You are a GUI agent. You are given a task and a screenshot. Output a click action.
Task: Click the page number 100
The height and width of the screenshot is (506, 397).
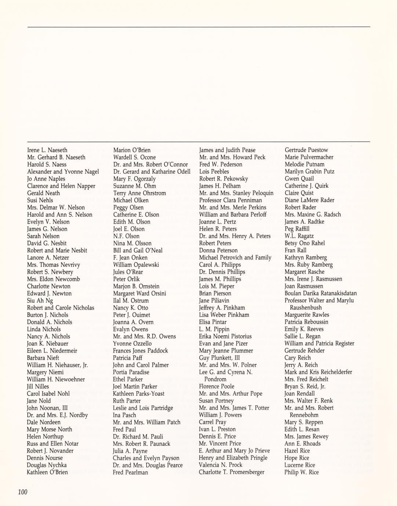pyautogui.click(x=23, y=492)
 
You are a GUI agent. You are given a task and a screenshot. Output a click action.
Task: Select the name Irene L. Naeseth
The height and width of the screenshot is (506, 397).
pyautogui.click(x=47, y=150)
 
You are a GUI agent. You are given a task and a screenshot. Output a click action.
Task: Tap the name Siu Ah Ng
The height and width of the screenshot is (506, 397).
pyautogui.click(x=40, y=301)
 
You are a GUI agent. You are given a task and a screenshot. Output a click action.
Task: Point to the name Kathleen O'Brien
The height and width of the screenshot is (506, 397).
pyautogui.click(x=47, y=472)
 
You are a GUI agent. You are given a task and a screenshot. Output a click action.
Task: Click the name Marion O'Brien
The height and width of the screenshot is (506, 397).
pyautogui.click(x=132, y=150)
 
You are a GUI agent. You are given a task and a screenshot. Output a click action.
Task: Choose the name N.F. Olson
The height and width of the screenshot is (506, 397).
pyautogui.click(x=126, y=236)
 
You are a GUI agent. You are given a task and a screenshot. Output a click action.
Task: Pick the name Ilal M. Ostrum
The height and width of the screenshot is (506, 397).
pyautogui.click(x=131, y=301)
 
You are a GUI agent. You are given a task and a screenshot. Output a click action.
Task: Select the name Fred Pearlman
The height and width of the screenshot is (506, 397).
pyautogui.click(x=131, y=472)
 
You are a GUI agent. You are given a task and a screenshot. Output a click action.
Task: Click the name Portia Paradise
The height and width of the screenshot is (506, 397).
pyautogui.click(x=131, y=372)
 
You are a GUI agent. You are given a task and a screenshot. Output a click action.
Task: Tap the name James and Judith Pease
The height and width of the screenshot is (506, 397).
pyautogui.click(x=227, y=150)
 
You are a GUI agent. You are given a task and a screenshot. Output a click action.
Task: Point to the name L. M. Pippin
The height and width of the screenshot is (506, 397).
pyautogui.click(x=214, y=329)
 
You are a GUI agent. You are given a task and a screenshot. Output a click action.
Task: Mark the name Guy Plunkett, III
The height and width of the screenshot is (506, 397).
pyautogui.click(x=219, y=358)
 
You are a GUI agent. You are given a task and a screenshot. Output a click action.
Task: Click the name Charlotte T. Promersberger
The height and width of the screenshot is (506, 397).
pyautogui.click(x=232, y=472)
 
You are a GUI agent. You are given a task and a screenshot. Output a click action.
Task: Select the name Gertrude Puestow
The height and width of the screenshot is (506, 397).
pyautogui.click(x=306, y=150)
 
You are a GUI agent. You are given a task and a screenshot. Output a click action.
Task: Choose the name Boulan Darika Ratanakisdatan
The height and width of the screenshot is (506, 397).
pyautogui.click(x=321, y=293)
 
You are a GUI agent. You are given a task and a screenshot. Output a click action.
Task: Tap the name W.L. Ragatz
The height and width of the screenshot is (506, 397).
pyautogui.click(x=299, y=236)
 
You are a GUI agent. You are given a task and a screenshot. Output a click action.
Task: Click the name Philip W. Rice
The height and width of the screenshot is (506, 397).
pyautogui.click(x=302, y=472)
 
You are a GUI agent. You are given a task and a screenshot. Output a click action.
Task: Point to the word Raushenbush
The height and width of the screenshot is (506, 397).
pyautogui.click(x=306, y=308)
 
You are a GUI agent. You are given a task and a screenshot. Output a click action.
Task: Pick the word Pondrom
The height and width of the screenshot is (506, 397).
pyautogui.click(x=215, y=379)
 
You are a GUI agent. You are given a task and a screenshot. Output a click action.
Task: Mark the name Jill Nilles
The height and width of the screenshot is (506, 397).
pyautogui.click(x=38, y=386)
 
